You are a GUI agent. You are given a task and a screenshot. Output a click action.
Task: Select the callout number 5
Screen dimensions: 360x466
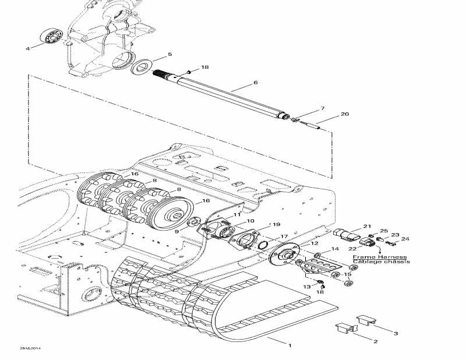point(170,54)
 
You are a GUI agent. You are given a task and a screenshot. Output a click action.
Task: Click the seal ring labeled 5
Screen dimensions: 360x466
point(141,66)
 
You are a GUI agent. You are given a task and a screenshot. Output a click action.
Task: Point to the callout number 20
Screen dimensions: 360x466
point(345,114)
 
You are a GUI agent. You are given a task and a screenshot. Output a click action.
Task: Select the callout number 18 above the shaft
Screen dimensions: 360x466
point(205,68)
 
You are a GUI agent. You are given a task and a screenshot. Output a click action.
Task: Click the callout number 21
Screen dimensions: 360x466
point(367,226)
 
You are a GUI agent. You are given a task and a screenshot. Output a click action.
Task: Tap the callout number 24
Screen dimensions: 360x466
point(405,238)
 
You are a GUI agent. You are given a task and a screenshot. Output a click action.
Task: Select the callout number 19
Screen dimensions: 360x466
point(276,224)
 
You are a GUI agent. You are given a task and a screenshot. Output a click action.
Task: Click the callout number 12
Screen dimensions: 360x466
point(314,243)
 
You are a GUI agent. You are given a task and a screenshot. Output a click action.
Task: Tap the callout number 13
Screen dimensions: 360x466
point(307,286)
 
